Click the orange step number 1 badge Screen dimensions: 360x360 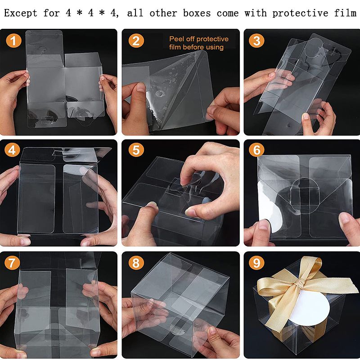[x=13, y=40]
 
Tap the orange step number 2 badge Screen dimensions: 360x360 [x=136, y=40]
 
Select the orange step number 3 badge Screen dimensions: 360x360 [x=256, y=40]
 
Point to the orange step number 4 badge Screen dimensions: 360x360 [x=12, y=150]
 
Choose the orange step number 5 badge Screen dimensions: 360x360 [x=136, y=150]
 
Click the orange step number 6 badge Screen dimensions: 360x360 [x=256, y=150]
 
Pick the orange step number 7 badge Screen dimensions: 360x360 [x=12, y=262]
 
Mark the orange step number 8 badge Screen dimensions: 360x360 [x=136, y=262]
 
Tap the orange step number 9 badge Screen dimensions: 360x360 [x=256, y=262]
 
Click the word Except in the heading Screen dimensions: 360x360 [x=21, y=13]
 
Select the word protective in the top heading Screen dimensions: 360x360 [x=300, y=13]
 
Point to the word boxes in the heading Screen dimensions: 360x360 [x=197, y=13]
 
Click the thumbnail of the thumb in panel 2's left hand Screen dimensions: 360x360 [x=141, y=87]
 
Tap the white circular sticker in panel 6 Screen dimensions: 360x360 [x=270, y=207]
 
